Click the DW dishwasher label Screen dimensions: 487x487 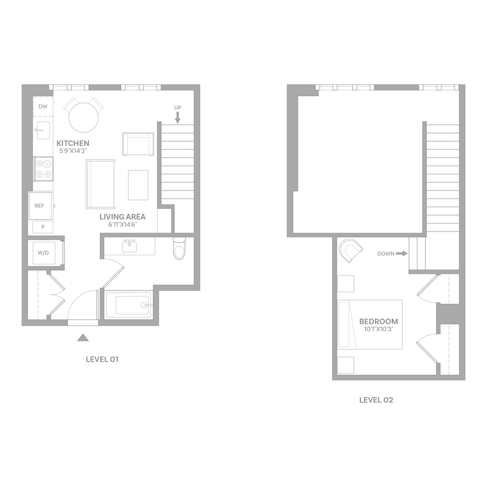[x=43, y=107]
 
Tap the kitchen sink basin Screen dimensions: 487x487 [x=43, y=130]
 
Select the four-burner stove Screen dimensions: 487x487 [x=43, y=169]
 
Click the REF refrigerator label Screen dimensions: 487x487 [x=40, y=206]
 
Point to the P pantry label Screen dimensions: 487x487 [x=43, y=227]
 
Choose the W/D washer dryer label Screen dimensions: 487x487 [x=43, y=253]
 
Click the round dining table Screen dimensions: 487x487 [x=83, y=117]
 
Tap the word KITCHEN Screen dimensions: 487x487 [x=73, y=143]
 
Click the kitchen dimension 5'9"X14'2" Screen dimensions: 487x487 [x=73, y=152]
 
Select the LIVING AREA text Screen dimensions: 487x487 [x=122, y=217]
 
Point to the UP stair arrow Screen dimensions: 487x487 [x=177, y=117]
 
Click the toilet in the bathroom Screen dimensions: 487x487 [x=179, y=248]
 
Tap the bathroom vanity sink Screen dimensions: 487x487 [x=129, y=247]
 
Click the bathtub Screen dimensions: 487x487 [x=129, y=305]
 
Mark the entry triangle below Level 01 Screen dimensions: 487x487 [x=83, y=338]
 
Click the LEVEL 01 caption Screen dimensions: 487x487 [x=102, y=359]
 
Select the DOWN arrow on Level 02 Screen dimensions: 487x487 [x=402, y=254]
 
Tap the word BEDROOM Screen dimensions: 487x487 [x=379, y=321]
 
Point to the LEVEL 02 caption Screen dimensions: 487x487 [x=376, y=400]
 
